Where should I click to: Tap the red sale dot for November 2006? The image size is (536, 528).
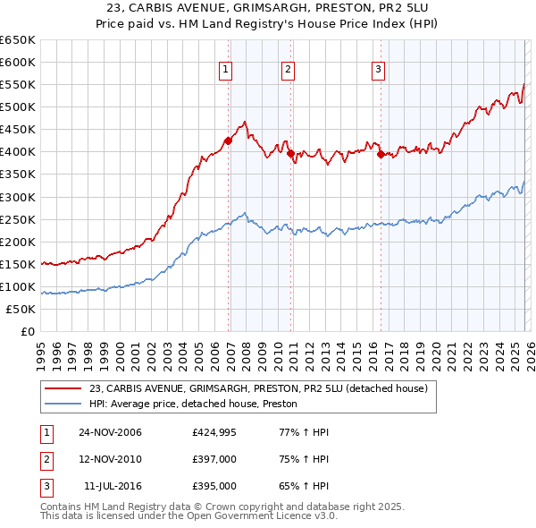229,141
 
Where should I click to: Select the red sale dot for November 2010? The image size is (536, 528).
291,153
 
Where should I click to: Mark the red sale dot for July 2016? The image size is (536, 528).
381,154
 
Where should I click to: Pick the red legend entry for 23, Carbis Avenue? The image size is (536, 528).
259,388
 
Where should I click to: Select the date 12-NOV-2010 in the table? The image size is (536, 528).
110,459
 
